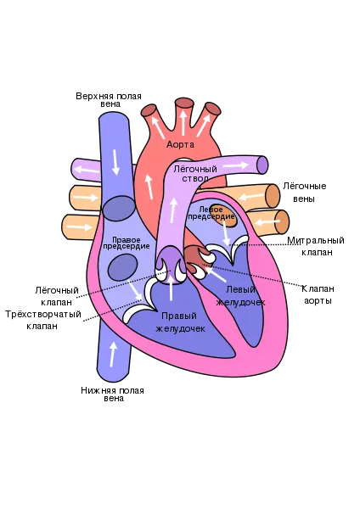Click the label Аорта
click(180, 144)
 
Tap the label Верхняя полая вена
click(109, 100)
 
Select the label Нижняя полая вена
click(112, 394)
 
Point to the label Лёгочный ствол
click(195, 174)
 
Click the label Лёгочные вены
click(305, 193)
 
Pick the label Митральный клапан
click(316, 246)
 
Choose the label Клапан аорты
click(318, 294)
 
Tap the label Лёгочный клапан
click(57, 296)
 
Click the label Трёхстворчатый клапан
click(43, 320)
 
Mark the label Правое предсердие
click(127, 243)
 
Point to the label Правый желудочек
click(180, 322)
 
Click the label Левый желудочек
click(240, 295)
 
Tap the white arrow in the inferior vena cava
click(113, 354)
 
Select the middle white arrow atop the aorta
click(183, 122)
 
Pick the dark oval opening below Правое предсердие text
click(122, 267)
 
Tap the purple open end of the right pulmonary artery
click(262, 165)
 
